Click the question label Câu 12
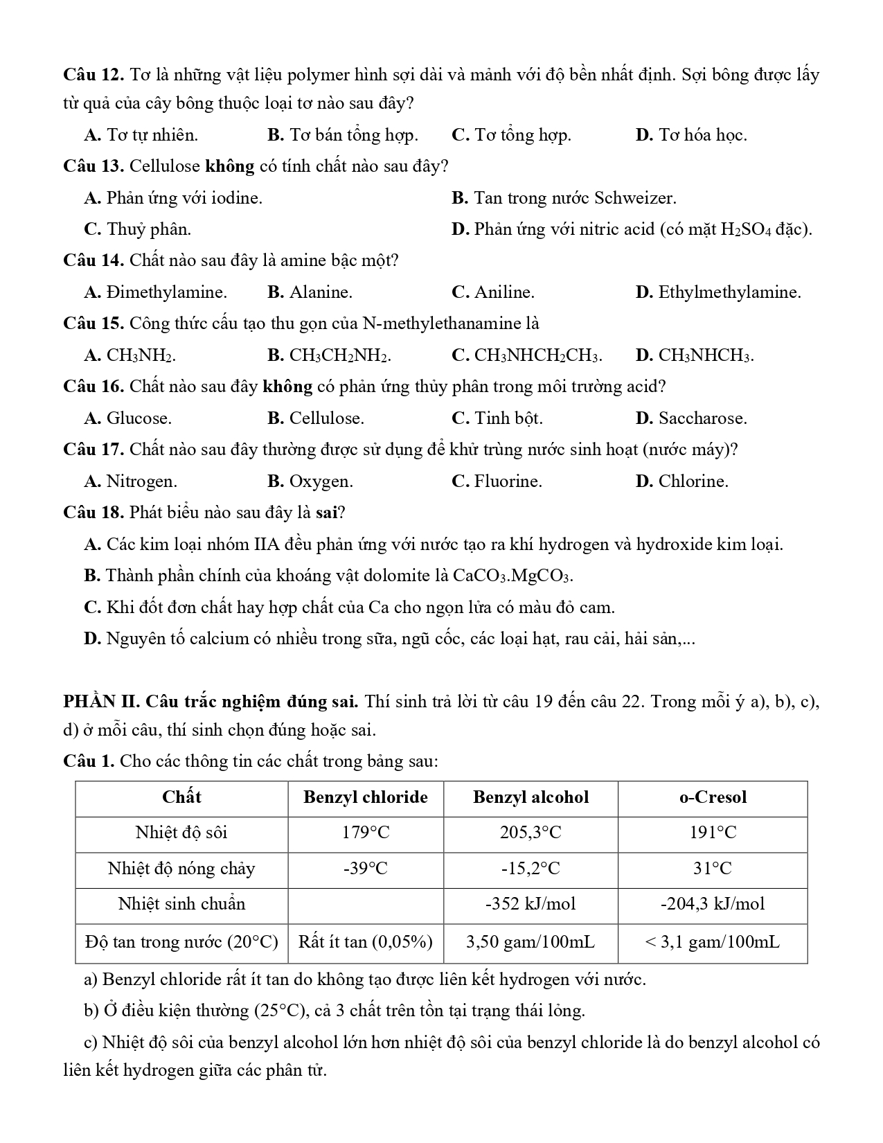click(92, 75)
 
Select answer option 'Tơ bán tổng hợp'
click(353, 135)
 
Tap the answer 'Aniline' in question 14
click(504, 292)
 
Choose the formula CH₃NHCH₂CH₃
click(538, 356)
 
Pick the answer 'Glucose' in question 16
click(139, 418)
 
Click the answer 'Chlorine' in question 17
click(693, 481)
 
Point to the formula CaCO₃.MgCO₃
click(512, 576)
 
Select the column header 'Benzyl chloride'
click(366, 797)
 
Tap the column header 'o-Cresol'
click(713, 797)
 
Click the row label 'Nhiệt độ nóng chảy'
click(181, 869)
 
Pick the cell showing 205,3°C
click(530, 833)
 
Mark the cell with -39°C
click(366, 869)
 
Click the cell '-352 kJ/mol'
click(530, 904)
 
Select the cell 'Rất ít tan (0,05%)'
click(366, 942)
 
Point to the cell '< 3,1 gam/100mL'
click(713, 942)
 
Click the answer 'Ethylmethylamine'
click(729, 292)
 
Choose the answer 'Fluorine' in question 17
click(508, 481)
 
